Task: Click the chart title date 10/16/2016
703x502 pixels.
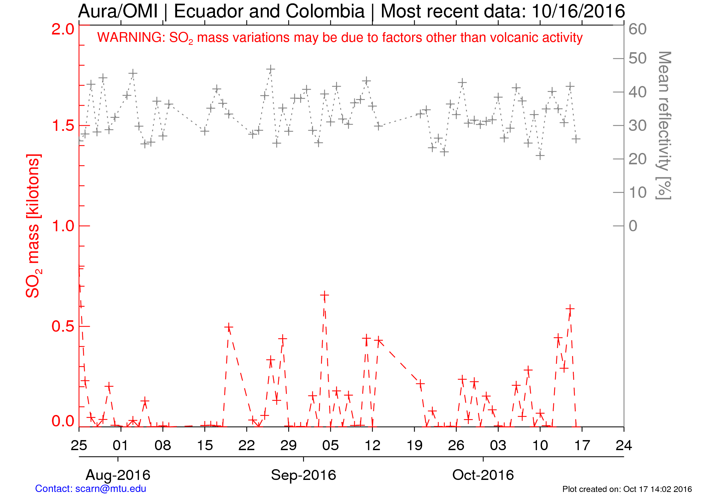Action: point(578,11)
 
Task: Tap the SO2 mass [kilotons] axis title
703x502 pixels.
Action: point(33,226)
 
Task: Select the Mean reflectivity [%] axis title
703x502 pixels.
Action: point(664,125)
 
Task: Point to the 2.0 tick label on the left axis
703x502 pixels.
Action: point(63,29)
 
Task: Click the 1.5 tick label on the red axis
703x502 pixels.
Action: point(63,126)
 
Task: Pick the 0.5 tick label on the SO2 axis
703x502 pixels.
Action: point(63,326)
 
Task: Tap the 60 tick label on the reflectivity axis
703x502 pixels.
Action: point(637,29)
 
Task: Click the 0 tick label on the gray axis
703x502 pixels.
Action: point(633,226)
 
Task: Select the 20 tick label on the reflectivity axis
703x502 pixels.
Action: point(637,159)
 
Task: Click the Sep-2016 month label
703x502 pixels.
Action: point(303,475)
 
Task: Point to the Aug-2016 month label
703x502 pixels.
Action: point(118,475)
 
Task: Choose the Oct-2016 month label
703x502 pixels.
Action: point(483,475)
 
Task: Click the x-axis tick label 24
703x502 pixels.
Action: point(624,445)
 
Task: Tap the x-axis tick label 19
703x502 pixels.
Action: point(414,445)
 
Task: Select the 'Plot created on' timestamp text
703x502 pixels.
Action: point(627,489)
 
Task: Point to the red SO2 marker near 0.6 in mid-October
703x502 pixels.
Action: point(570,309)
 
